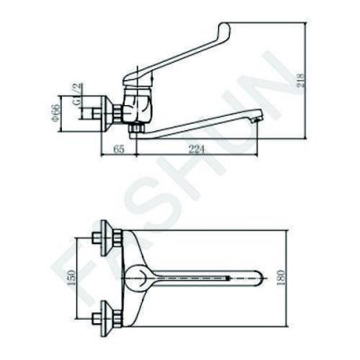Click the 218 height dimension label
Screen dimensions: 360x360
302,80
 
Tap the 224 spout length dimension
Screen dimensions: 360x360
197,149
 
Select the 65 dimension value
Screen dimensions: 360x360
119,149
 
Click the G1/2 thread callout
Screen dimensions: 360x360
77,93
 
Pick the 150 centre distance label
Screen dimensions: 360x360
71,278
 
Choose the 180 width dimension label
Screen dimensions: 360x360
281,277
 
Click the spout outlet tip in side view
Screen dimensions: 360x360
258,119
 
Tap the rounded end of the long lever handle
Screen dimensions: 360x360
225,26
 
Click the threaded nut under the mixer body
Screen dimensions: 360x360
136,129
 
